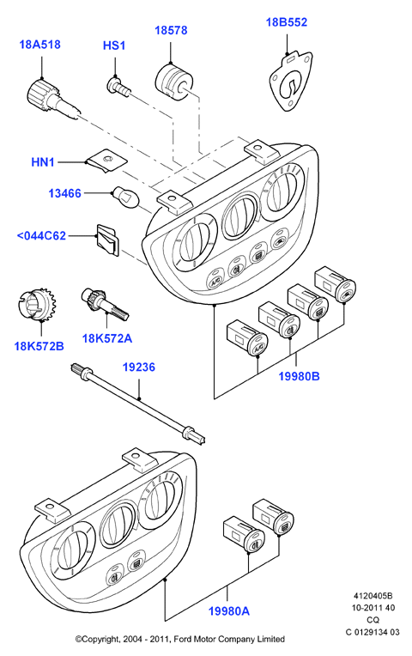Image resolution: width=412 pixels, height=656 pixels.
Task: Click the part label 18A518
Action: pyautogui.click(x=39, y=45)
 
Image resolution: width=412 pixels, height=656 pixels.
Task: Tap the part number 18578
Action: pyautogui.click(x=171, y=31)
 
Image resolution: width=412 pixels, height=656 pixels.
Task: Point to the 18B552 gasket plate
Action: pyautogui.click(x=291, y=82)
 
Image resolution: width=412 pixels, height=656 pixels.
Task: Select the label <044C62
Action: pyautogui.click(x=41, y=235)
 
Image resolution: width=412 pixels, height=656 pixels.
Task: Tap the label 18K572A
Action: pyautogui.click(x=107, y=338)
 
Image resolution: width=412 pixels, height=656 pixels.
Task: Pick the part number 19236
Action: pyautogui.click(x=138, y=367)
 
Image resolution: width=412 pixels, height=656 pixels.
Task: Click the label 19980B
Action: pyautogui.click(x=299, y=376)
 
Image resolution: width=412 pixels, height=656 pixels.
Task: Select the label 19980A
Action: pyautogui.click(x=229, y=611)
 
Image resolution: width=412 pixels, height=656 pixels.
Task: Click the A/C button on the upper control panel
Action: pyautogui.click(x=215, y=281)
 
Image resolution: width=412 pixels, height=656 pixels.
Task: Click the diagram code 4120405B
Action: pyautogui.click(x=373, y=596)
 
